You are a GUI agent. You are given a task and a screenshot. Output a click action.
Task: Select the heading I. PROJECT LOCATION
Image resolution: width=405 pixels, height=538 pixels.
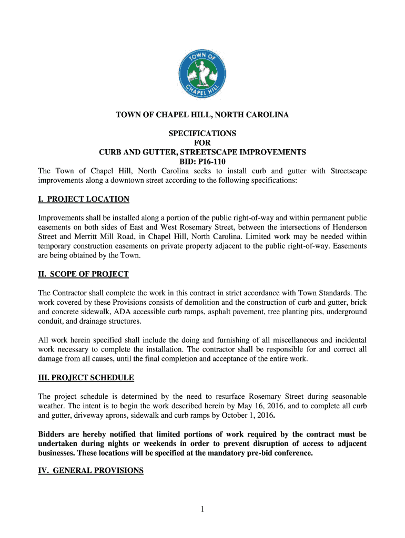(84, 199)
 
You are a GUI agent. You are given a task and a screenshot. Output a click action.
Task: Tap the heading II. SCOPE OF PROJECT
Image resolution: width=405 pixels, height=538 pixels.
(83, 274)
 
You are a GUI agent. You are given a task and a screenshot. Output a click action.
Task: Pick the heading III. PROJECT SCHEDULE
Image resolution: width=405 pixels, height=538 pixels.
(86, 377)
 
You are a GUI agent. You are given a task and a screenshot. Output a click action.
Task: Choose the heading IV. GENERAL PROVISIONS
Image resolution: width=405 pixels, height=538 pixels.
(90, 471)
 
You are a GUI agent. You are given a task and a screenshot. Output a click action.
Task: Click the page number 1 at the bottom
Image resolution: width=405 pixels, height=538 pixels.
(202, 509)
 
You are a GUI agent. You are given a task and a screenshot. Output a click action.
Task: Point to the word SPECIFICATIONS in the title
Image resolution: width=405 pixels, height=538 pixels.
(202, 133)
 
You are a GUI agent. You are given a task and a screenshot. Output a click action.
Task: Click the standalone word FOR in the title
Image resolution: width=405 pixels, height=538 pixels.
(202, 142)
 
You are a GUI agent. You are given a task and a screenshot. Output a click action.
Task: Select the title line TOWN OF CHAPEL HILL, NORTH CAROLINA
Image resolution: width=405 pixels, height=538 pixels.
(202, 114)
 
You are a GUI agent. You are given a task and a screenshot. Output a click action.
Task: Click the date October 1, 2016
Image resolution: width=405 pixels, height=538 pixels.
(246, 416)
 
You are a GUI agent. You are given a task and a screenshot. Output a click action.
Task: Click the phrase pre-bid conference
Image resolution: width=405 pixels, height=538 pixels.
(281, 453)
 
